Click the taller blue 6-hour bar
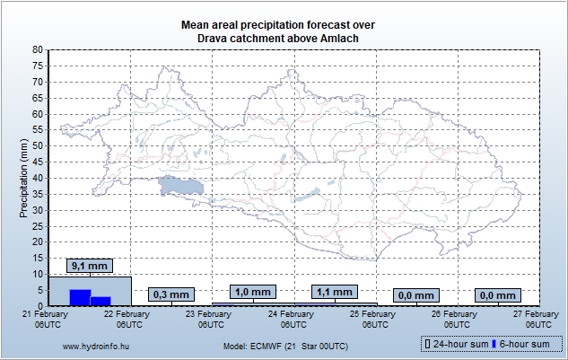coord(80,297)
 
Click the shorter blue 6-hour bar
coord(100,301)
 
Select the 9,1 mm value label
coord(89,267)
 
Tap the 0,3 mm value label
coord(170,294)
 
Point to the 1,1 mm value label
coord(334,292)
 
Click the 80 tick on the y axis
coord(37,50)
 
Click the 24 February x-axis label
coord(294,319)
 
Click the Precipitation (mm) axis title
coord(25,177)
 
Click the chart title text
coord(284,31)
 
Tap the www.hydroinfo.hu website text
coord(94,345)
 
